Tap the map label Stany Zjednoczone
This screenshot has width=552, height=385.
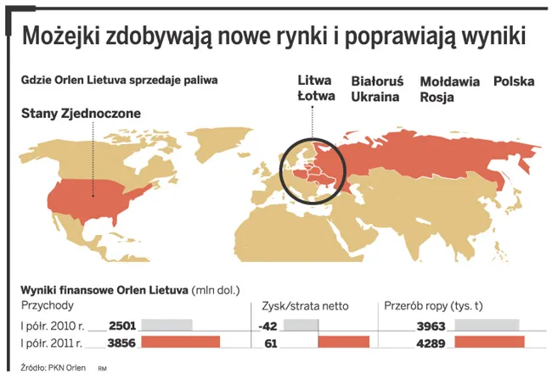tap(81, 113)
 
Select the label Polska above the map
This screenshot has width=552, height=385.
tap(514, 82)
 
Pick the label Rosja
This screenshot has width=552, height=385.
tap(437, 98)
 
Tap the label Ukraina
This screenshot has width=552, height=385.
tap(375, 98)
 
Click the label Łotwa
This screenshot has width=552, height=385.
tap(315, 98)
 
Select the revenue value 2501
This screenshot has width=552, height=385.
tap(122, 326)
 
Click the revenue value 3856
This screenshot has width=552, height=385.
tap(122, 343)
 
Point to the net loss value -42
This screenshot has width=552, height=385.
tap(268, 326)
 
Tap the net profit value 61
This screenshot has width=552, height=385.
tap(272, 343)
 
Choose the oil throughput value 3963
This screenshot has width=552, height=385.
tap(433, 326)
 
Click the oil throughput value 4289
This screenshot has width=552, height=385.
tap(433, 343)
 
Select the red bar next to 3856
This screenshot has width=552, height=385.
tap(180, 342)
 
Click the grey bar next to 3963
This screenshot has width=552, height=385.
tap(487, 325)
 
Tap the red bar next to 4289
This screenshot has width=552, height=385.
tap(490, 342)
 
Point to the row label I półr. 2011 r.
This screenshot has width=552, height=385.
tap(51, 343)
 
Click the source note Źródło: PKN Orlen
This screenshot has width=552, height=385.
tap(53, 367)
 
